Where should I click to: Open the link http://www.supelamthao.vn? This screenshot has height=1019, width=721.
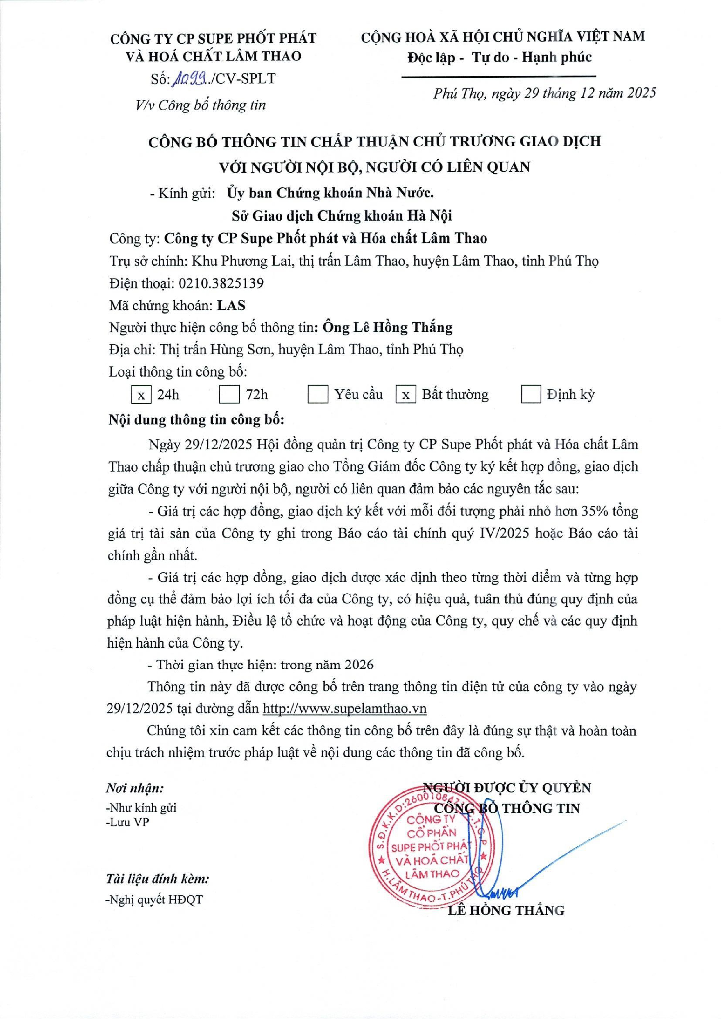click(345, 708)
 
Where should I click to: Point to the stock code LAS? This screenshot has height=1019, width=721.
click(231, 305)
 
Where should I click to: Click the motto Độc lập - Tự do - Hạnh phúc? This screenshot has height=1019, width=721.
click(500, 57)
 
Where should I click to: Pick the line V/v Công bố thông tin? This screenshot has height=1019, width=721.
click(201, 105)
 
